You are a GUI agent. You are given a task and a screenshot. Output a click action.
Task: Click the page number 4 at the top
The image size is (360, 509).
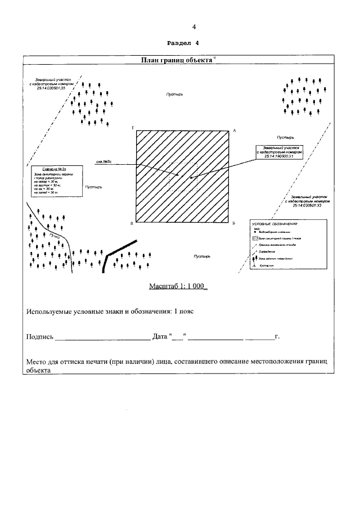[194, 26]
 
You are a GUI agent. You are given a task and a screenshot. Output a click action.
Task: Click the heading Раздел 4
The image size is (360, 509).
[184, 43]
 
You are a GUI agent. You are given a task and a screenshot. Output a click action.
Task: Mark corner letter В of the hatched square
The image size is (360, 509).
[132, 223]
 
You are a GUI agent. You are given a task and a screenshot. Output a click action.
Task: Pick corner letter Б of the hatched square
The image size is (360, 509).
[233, 223]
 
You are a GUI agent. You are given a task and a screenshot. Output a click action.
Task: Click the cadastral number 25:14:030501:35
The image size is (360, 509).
[51, 88]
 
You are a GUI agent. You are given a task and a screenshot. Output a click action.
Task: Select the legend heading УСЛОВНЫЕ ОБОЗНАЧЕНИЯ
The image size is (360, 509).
[274, 224]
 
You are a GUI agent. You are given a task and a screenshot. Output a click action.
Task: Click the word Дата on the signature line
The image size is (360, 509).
[160, 337]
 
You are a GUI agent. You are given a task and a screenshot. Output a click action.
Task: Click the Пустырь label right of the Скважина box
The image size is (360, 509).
[93, 186]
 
